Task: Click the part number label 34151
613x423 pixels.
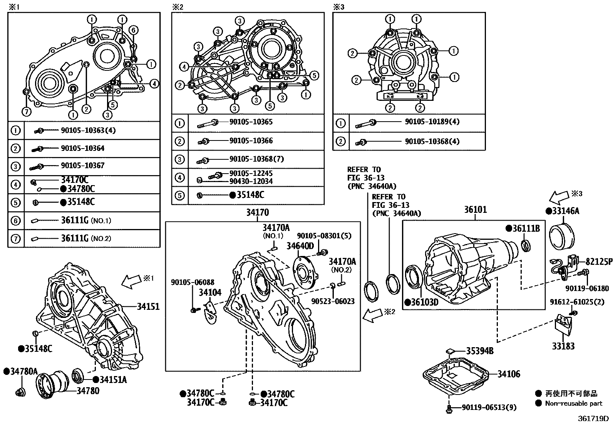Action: (x=148, y=307)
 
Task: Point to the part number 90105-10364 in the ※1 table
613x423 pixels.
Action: (x=82, y=148)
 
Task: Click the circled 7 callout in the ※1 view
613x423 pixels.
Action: (x=26, y=112)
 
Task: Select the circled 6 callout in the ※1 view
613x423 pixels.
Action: (x=133, y=31)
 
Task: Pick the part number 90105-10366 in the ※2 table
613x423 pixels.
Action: (x=251, y=140)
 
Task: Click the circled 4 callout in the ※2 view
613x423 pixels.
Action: (x=184, y=67)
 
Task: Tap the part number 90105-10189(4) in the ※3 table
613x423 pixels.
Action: (x=432, y=122)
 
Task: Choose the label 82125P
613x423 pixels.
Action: (x=599, y=262)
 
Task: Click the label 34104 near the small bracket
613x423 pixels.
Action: (x=210, y=293)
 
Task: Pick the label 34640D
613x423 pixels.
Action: (x=300, y=246)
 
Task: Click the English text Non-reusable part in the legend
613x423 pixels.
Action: (x=573, y=403)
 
